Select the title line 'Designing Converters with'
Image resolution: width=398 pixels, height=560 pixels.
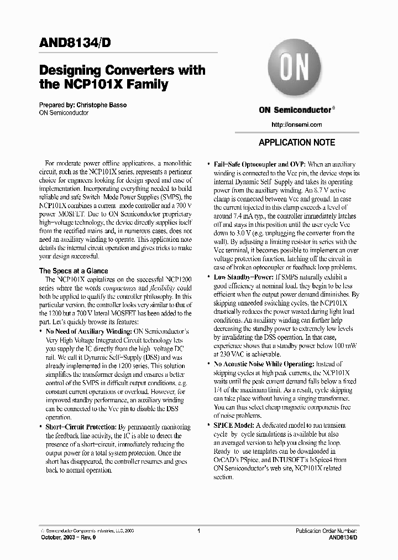pyautogui.click(x=122, y=71)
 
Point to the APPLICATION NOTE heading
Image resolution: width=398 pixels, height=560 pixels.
pyautogui.click(x=297, y=142)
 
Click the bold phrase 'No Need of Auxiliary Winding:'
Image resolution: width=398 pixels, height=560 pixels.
pyautogui.click(x=89, y=331)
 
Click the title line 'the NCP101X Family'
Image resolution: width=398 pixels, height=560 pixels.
pyautogui.click(x=103, y=85)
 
